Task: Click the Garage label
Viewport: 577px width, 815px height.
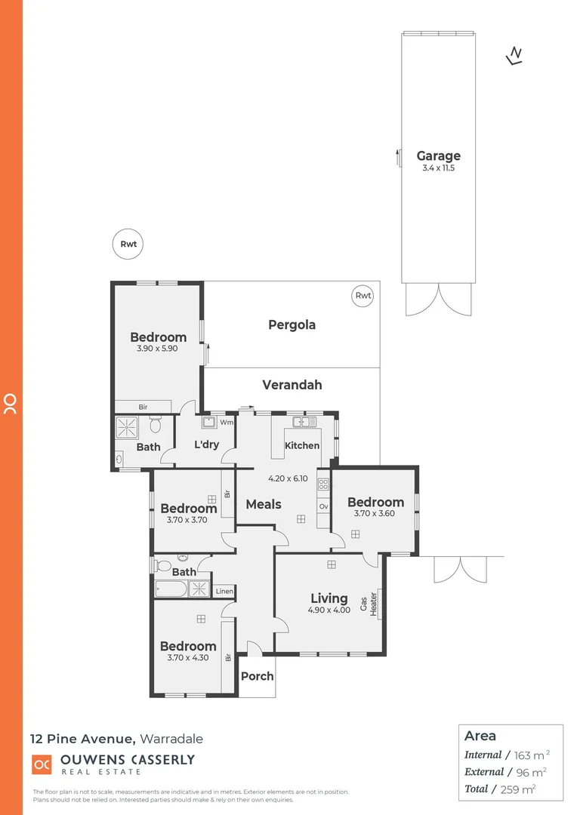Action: pyautogui.click(x=438, y=156)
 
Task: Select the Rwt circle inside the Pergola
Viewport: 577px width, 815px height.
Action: pyautogui.click(x=363, y=296)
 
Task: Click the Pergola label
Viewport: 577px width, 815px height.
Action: pyautogui.click(x=292, y=325)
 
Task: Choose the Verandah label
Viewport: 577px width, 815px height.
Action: pyautogui.click(x=292, y=385)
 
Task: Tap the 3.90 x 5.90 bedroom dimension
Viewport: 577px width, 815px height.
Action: pyautogui.click(x=158, y=349)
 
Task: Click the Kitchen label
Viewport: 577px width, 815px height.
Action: pyautogui.click(x=302, y=445)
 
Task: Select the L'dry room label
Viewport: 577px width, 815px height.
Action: pyautogui.click(x=206, y=444)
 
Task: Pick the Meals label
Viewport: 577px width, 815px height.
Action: pyautogui.click(x=264, y=504)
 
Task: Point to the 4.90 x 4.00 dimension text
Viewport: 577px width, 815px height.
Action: pyautogui.click(x=329, y=610)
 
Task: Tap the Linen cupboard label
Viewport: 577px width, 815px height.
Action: pyautogui.click(x=224, y=591)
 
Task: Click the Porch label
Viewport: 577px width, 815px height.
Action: pyautogui.click(x=257, y=676)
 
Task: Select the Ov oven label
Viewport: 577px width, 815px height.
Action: pyautogui.click(x=322, y=506)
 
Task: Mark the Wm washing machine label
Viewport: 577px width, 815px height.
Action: pyautogui.click(x=227, y=423)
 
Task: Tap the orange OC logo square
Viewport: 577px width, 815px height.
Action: pyautogui.click(x=41, y=764)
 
